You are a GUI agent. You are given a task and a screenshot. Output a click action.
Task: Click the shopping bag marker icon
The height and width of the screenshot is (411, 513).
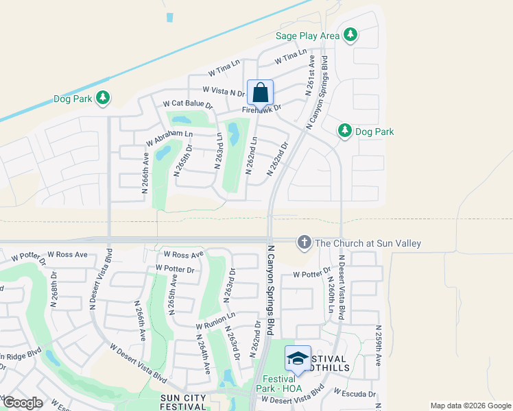click(261, 92)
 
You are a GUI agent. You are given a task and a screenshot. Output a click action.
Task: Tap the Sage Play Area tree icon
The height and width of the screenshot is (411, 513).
click(350, 35)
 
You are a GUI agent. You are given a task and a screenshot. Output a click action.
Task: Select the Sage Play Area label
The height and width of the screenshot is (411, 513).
click(307, 36)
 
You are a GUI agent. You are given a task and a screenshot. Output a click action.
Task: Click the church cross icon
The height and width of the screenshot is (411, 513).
click(304, 242)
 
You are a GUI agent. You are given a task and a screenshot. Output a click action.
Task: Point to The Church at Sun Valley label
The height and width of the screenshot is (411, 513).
click(368, 243)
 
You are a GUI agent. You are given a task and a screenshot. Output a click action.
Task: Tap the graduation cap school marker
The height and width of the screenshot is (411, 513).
click(298, 358)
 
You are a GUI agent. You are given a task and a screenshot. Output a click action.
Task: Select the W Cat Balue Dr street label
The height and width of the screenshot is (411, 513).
click(188, 105)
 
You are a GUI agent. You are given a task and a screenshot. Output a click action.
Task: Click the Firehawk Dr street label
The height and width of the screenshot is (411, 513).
click(262, 108)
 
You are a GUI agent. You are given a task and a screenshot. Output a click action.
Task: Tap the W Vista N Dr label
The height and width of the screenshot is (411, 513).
click(224, 91)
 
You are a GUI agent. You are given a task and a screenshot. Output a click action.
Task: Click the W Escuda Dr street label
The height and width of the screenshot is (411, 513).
click(355, 393)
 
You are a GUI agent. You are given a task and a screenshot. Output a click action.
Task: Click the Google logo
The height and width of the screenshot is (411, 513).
click(22, 403)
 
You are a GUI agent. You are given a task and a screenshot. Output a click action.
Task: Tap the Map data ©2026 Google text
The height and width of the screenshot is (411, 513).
click(470, 406)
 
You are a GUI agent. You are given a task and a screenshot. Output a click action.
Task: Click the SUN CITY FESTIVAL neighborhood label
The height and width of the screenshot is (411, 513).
click(184, 401)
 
